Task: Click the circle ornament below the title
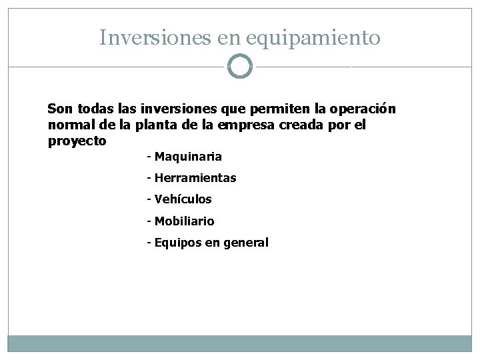(x=240, y=67)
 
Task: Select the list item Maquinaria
(x=188, y=157)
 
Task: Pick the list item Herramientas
(x=195, y=179)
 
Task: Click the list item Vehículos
(x=183, y=199)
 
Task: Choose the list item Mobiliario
(x=184, y=221)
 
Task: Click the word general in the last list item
(x=246, y=243)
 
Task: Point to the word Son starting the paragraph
(x=58, y=108)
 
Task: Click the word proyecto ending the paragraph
(x=77, y=141)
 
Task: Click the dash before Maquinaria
(x=149, y=157)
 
